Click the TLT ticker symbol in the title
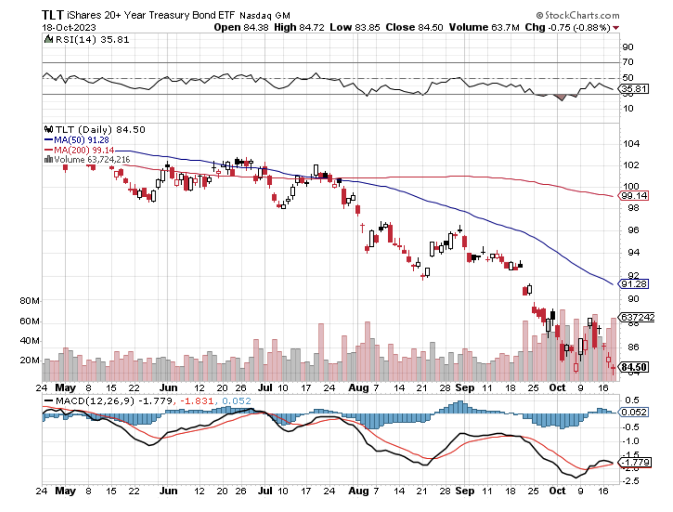(x=52, y=15)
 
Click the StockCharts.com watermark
(x=578, y=15)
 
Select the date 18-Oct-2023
(x=69, y=28)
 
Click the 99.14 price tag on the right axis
(x=634, y=196)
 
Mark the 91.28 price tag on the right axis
(x=634, y=284)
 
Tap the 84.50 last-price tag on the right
(x=634, y=367)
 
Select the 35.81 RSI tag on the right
(x=634, y=89)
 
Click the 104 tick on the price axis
(x=631, y=144)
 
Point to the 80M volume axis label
(x=29, y=301)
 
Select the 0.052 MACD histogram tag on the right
(x=634, y=412)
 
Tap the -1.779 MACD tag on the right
(x=635, y=462)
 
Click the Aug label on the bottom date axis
(x=358, y=490)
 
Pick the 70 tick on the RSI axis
(x=627, y=62)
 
